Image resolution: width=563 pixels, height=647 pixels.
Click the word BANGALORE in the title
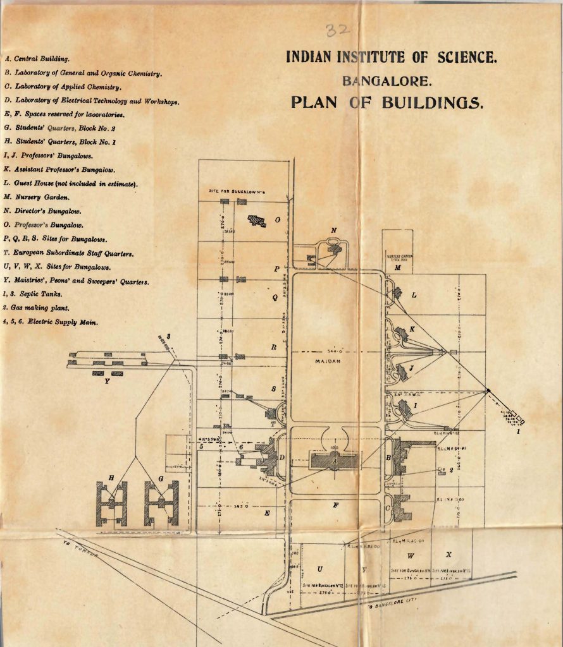(387, 80)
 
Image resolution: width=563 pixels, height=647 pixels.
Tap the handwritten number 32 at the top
(340, 30)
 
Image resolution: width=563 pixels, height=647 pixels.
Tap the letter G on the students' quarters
(161, 480)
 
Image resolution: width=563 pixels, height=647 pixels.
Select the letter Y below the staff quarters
(107, 381)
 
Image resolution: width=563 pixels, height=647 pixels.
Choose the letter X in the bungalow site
(449, 555)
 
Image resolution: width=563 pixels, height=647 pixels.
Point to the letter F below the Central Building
(335, 505)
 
